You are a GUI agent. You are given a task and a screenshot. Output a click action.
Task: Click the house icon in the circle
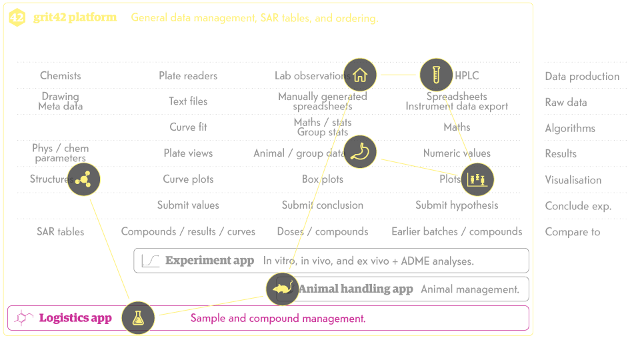coord(360,75)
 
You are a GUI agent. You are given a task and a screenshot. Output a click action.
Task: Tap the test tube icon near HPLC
coord(436,75)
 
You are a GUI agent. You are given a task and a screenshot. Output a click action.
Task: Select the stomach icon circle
coord(360,152)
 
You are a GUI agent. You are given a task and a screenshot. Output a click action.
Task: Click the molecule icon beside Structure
coord(83,179)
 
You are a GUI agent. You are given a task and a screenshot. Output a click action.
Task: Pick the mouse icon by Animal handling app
coord(282,289)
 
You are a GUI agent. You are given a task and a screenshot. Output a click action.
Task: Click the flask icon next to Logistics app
coord(138,318)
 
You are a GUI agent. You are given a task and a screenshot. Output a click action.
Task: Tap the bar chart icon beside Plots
coord(478,179)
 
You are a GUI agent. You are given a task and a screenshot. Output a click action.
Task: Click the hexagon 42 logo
coord(17,18)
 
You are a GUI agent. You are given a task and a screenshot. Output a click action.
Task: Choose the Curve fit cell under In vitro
coord(188,127)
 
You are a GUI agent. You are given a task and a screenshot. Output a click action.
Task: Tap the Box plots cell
coord(323,179)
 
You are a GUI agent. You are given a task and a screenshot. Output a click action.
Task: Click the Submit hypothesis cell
coord(457,205)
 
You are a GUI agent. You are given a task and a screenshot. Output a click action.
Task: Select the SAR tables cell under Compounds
coord(61,232)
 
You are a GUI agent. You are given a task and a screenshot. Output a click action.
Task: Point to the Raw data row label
coord(566,102)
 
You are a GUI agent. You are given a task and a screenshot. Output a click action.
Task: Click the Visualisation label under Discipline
coord(573,180)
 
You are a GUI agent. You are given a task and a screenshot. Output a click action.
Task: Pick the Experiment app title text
coord(209,261)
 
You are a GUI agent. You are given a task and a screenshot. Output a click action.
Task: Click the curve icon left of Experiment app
coord(151,261)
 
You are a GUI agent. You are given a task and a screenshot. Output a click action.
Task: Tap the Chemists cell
coord(61,76)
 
